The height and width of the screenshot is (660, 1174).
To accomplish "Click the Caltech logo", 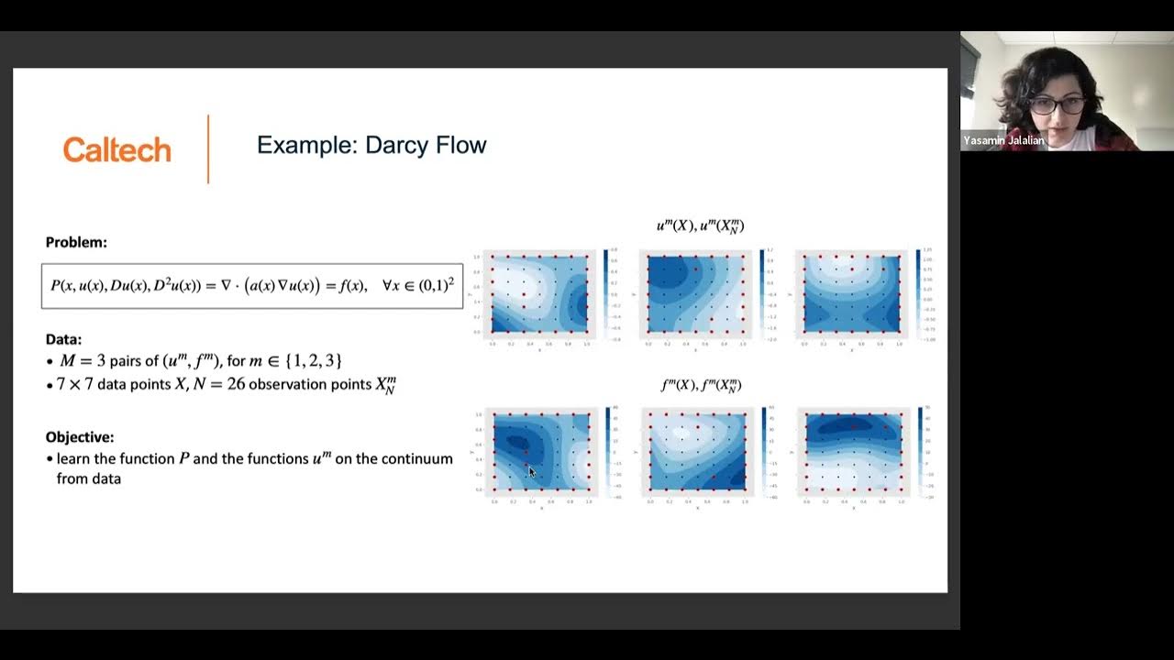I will click(116, 149).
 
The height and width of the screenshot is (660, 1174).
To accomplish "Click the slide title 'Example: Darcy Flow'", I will click(371, 145).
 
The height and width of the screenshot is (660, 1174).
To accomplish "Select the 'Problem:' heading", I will click(76, 243).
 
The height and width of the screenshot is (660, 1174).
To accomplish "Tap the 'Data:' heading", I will click(63, 339).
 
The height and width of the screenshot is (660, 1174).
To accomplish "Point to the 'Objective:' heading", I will click(80, 437).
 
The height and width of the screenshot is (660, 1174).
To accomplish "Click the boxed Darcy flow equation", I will click(252, 286).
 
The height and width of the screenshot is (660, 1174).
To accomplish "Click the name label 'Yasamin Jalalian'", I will click(1003, 141).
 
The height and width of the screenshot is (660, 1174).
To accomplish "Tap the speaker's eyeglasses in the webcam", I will click(1057, 104).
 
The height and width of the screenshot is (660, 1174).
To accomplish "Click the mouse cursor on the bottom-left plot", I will click(531, 471).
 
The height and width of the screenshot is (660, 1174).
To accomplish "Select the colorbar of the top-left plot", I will click(604, 292).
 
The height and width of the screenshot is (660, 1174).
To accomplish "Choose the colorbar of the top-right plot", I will click(917, 292).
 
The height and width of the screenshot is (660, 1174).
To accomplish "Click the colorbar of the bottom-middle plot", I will click(762, 451).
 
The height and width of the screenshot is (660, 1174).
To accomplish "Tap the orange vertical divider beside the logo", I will click(208, 149).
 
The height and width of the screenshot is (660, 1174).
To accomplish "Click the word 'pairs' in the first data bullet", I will click(127, 361).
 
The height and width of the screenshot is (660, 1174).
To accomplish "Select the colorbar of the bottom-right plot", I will click(918, 451).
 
